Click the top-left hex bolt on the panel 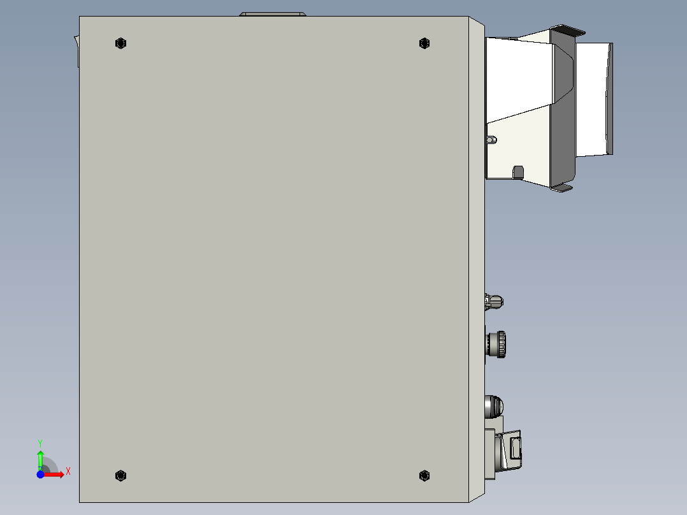tap(120, 43)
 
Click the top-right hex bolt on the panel tap(424, 43)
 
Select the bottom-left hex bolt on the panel tap(120, 475)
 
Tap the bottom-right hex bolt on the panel tap(424, 475)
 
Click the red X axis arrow tap(57, 474)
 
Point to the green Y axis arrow tap(40, 458)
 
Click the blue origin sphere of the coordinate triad tap(40, 474)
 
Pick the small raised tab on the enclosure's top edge tap(272, 13)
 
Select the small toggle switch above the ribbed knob tap(494, 300)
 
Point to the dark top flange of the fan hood tap(568, 29)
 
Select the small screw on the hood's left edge tap(491, 140)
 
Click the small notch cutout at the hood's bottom tap(518, 172)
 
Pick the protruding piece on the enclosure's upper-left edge tap(76, 51)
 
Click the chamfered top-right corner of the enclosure tap(477, 23)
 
